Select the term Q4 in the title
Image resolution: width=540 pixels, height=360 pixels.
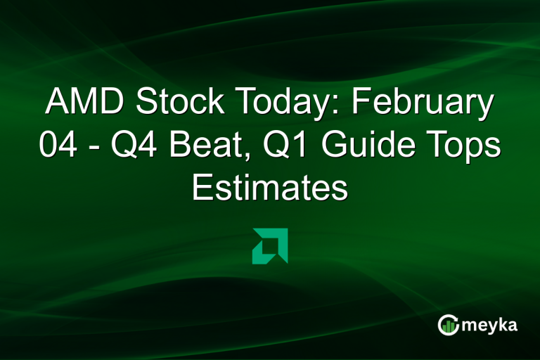coord(123,146)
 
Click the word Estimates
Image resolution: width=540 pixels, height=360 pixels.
coord(270,188)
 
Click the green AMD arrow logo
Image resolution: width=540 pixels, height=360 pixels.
coord(270,246)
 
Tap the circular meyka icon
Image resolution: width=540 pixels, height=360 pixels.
coord(449,324)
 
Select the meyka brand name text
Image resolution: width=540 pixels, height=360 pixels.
coord(491,325)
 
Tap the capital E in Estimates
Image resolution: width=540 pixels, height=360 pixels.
coord(202,188)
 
